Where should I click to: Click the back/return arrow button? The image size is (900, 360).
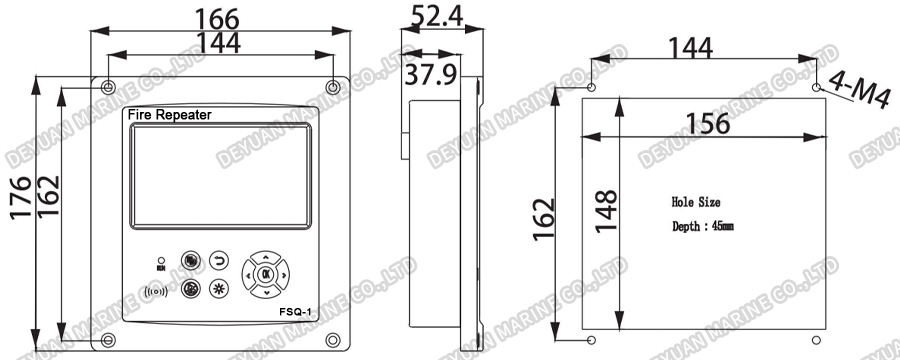[219, 262]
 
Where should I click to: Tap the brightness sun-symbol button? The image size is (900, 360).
[219, 289]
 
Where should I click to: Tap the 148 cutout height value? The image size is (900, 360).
[606, 212]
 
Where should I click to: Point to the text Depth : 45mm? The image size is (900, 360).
[702, 228]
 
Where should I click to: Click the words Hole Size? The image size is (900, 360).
[696, 202]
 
